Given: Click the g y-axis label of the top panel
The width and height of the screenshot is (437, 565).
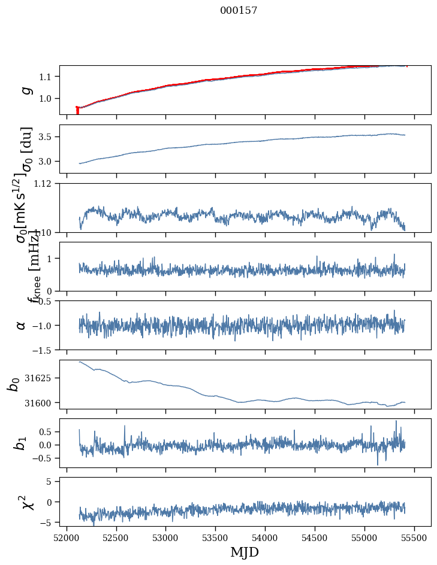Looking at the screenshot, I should click(x=26, y=90).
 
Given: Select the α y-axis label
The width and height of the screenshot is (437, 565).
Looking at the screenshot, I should click(x=22, y=325).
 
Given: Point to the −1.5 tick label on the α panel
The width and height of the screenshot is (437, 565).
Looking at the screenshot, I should click(x=43, y=350).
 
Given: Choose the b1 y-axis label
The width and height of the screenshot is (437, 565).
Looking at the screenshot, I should click(x=21, y=443).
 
